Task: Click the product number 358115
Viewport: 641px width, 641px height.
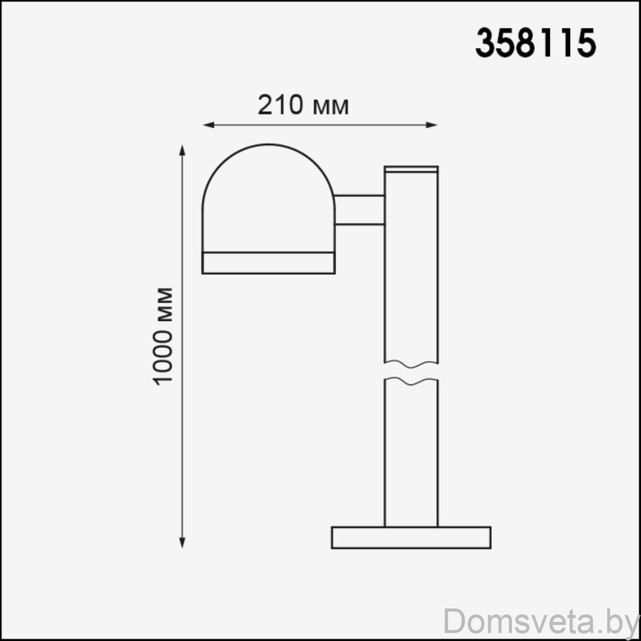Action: (535, 43)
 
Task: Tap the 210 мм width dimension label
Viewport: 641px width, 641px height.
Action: (303, 105)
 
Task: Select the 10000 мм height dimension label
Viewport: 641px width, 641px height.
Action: (163, 337)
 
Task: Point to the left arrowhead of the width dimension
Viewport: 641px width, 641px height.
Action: (208, 125)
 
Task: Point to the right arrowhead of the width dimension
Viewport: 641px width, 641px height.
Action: (432, 125)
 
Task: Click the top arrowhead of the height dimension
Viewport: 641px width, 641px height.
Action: (182, 150)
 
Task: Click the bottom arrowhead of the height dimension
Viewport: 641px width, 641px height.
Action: (182, 542)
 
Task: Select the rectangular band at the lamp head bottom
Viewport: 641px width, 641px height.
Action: (268, 263)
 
